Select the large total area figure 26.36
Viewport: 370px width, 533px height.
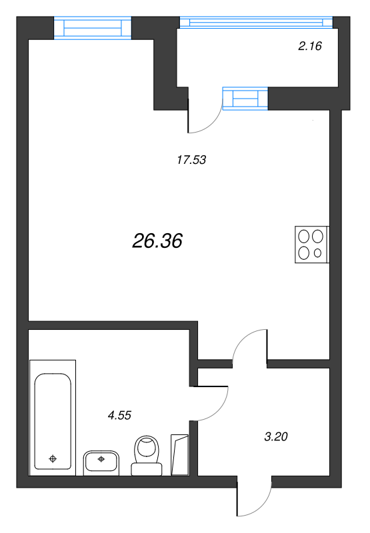157,241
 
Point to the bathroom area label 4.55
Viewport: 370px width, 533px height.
119,415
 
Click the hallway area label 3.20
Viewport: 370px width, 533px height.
276,437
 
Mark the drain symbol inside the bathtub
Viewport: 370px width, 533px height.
53,458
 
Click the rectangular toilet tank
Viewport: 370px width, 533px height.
146,469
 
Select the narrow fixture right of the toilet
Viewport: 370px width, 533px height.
180,454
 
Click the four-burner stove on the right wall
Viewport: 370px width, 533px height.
311,245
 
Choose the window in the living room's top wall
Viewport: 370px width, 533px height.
93,28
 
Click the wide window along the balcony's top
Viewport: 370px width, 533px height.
256,23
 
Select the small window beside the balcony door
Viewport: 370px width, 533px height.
245,99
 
